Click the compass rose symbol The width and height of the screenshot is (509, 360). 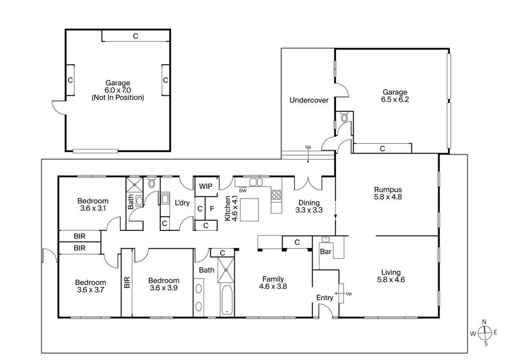coord(486,333)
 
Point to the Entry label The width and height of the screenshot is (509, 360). coord(324,297)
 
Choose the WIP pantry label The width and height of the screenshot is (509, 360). coord(206,186)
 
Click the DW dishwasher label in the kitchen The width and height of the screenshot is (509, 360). coord(242,190)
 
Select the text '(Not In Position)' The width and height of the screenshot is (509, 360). coord(118,98)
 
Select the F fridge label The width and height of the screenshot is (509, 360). coord(211,209)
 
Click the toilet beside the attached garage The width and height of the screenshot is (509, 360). coord(344,117)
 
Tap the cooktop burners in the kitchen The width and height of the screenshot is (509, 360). coord(277,195)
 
